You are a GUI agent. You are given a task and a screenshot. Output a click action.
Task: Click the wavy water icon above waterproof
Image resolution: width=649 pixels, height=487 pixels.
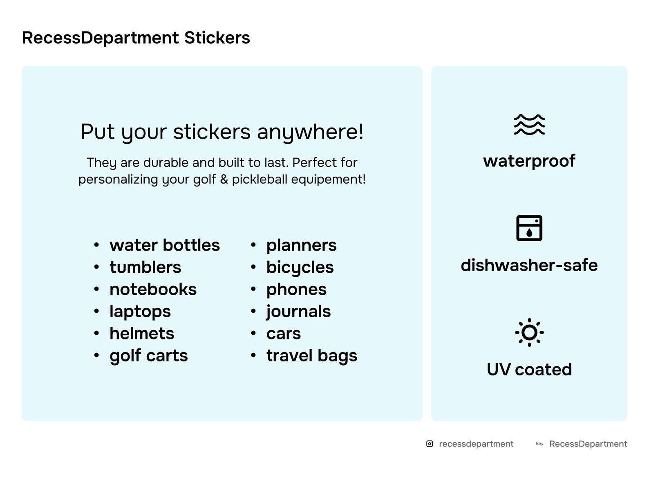pyautogui.click(x=529, y=125)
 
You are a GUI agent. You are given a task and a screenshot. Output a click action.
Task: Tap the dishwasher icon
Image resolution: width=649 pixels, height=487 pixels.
pyautogui.click(x=529, y=228)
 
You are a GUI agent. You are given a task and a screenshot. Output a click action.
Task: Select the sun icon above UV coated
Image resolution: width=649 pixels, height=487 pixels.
pyautogui.click(x=529, y=332)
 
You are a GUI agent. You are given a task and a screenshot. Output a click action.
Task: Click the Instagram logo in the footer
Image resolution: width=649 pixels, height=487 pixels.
pyautogui.click(x=430, y=444)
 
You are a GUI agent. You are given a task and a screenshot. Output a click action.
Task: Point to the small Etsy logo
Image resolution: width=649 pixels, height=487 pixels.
pyautogui.click(x=539, y=444)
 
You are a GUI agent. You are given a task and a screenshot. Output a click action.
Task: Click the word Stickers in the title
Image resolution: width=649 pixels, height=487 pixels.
pyautogui.click(x=217, y=38)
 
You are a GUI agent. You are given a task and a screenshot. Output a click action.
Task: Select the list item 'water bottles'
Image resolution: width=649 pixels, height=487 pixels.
pyautogui.click(x=164, y=245)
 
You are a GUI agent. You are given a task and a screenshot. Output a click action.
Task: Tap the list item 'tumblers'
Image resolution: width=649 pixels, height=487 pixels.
pyautogui.click(x=145, y=267)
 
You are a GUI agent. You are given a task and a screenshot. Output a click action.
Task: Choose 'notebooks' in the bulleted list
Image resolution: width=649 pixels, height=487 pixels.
pyautogui.click(x=153, y=290)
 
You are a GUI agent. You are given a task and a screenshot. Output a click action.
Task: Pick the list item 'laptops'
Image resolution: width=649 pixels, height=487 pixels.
pyautogui.click(x=140, y=312)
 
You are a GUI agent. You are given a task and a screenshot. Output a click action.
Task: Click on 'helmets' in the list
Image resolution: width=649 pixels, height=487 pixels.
pyautogui.click(x=141, y=334)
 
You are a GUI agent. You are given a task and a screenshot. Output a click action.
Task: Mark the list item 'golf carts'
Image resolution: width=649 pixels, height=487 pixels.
pyautogui.click(x=148, y=356)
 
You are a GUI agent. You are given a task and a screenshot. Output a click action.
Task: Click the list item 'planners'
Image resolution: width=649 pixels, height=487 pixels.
pyautogui.click(x=301, y=245)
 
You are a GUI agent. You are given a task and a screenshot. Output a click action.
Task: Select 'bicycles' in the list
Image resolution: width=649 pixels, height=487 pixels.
pyautogui.click(x=300, y=267)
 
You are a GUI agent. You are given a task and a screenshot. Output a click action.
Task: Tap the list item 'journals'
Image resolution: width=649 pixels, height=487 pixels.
pyautogui.click(x=298, y=312)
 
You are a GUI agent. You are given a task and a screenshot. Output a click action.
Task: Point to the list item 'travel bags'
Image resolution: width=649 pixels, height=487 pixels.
pyautogui.click(x=311, y=356)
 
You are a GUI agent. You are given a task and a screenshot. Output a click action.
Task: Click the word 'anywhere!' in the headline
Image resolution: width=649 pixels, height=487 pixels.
pyautogui.click(x=310, y=132)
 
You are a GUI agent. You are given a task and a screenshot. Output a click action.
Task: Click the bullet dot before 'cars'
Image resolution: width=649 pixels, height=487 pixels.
pyautogui.click(x=253, y=334)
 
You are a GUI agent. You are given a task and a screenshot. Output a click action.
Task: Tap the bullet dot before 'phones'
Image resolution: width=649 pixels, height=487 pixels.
pyautogui.click(x=253, y=290)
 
